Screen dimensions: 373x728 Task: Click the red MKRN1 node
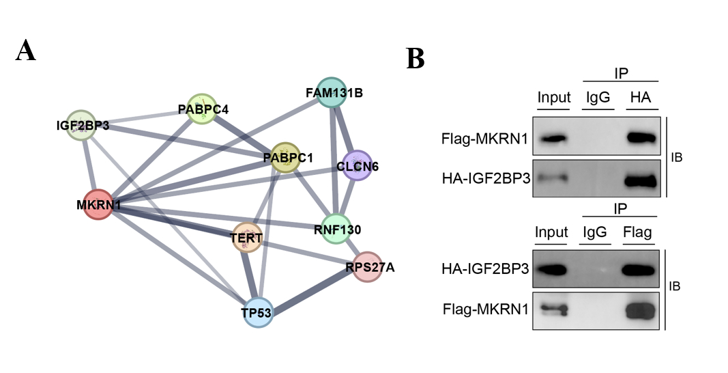pos(98,205)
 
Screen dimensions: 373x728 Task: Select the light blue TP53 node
pos(257,312)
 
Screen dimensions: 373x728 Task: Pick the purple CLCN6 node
pos(357,165)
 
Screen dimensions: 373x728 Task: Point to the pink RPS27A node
pos(368,266)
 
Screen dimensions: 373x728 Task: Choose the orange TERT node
pos(247,237)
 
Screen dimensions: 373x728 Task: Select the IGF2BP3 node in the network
pos(81,125)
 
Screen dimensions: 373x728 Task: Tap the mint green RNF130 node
pos(336,229)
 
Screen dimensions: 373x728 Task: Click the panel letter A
pos(26,51)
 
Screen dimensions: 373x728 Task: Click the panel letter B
pos(416,59)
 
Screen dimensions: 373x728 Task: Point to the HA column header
pos(640,98)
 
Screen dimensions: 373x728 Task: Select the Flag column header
pos(638,232)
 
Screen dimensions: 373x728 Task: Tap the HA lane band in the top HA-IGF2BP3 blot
pos(640,181)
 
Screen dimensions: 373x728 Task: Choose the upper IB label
pos(678,158)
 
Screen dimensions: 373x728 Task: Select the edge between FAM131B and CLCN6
pos(345,129)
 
